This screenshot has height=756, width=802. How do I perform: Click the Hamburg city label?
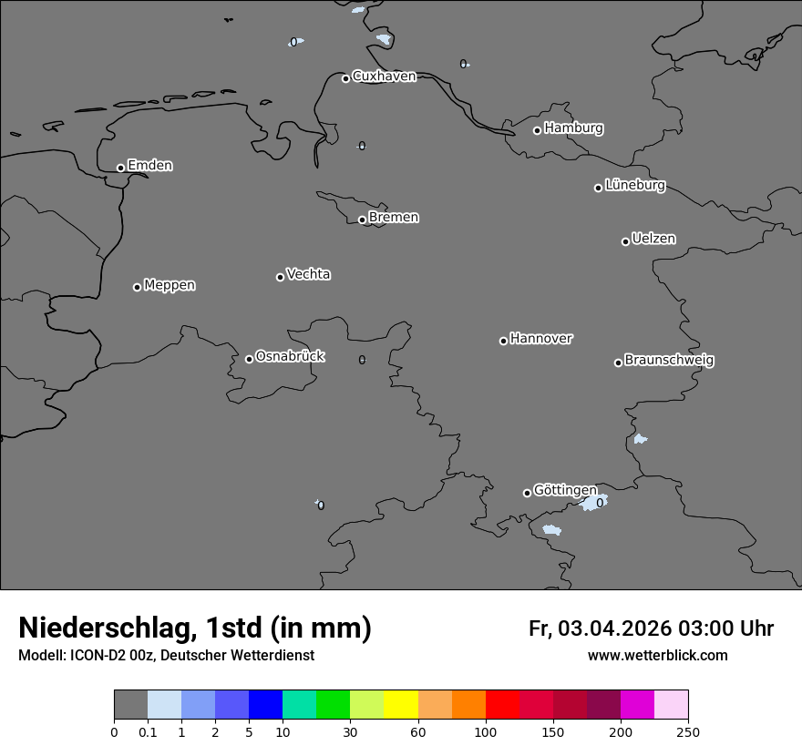(573, 128)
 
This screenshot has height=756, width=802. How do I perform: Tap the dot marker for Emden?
(120, 168)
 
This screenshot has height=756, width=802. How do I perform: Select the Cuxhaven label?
(384, 77)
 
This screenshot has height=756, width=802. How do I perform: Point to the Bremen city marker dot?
(362, 220)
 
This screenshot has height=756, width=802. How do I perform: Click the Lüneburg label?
(634, 186)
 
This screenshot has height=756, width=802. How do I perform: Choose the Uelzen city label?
(653, 239)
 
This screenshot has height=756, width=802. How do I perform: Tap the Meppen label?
(170, 285)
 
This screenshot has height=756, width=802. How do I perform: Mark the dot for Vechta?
(280, 277)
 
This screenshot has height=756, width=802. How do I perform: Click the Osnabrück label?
(290, 356)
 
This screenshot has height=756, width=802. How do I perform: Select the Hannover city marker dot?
(503, 341)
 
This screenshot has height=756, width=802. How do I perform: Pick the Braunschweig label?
(669, 361)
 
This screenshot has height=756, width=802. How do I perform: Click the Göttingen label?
(565, 490)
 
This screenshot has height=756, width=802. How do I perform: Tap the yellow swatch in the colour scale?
(401, 705)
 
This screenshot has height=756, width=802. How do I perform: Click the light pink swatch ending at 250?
(672, 705)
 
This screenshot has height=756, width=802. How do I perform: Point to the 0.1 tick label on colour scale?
(148, 731)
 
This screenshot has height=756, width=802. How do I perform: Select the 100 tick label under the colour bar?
(486, 731)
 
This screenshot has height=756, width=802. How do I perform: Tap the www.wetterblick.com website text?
(657, 656)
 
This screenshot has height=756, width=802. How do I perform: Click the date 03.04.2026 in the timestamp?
(614, 628)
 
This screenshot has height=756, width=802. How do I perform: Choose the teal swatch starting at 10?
(299, 705)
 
